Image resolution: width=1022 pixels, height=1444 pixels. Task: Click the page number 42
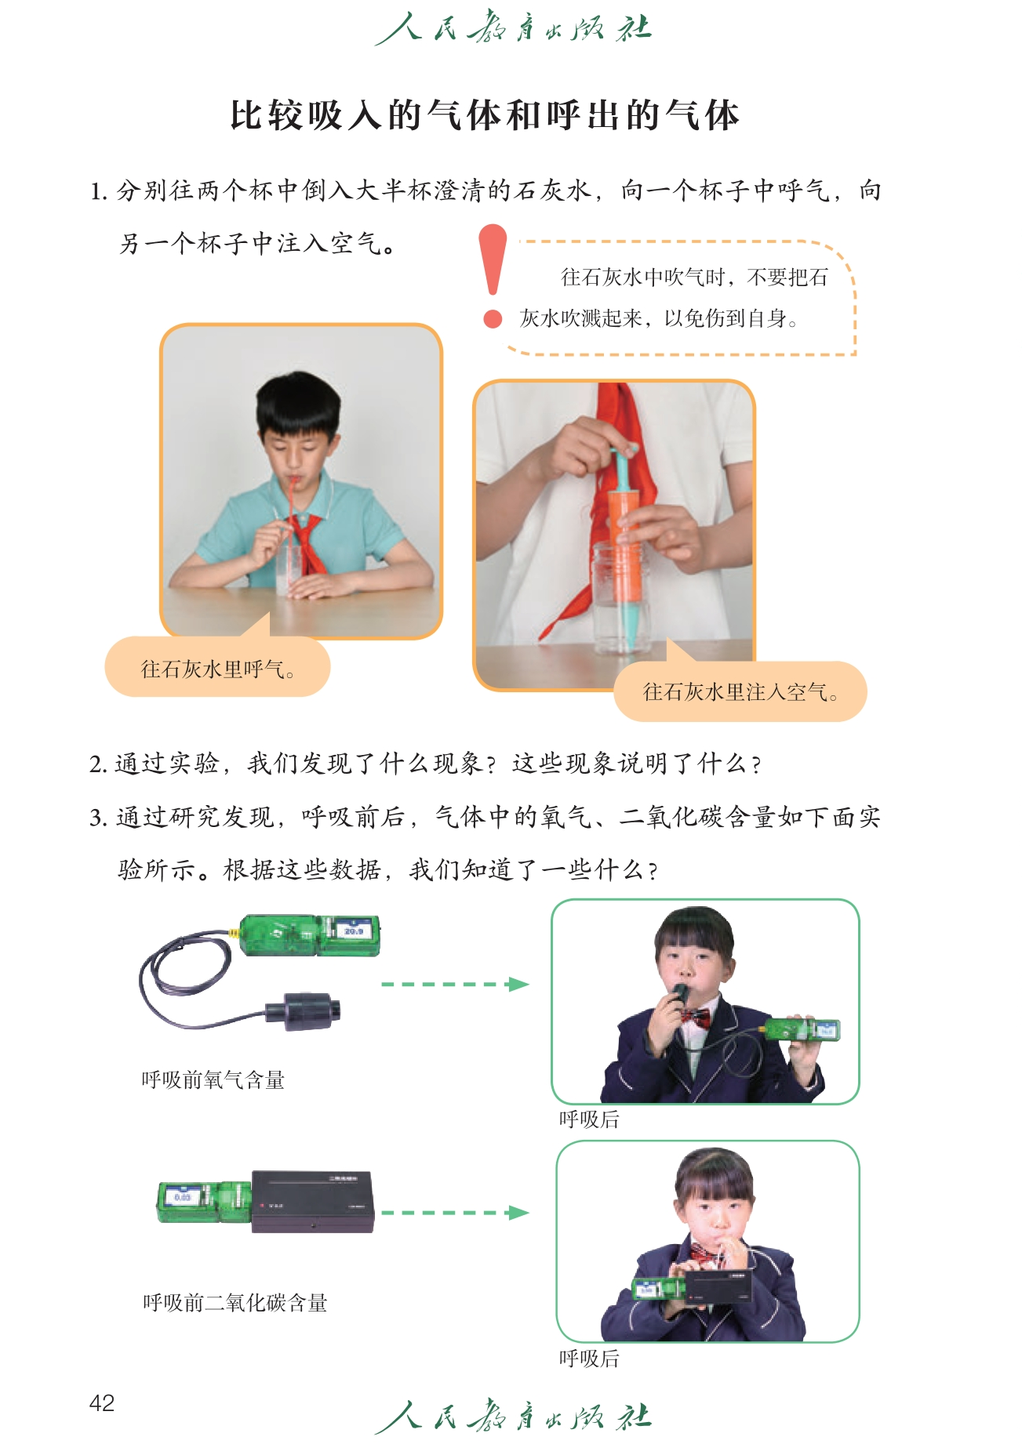pyautogui.click(x=102, y=1402)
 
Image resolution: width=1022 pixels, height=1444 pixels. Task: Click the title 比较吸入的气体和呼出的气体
pyautogui.click(x=485, y=115)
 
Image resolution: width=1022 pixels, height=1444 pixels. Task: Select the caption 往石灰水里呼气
pyautogui.click(x=218, y=669)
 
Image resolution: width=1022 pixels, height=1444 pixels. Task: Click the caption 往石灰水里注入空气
pyautogui.click(x=741, y=692)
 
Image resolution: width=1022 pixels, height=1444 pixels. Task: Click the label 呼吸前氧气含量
pyautogui.click(x=213, y=1080)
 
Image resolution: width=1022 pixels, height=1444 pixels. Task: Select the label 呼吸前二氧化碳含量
pyautogui.click(x=235, y=1303)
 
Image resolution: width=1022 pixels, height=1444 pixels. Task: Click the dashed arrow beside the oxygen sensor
pyautogui.click(x=455, y=984)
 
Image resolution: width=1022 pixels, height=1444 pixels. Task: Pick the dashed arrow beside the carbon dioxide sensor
pyautogui.click(x=455, y=1213)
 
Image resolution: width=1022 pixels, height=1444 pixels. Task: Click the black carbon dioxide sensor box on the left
pyautogui.click(x=312, y=1202)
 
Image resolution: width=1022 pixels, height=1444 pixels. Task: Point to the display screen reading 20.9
pyautogui.click(x=353, y=931)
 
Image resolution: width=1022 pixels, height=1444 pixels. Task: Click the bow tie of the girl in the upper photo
pyautogui.click(x=695, y=1018)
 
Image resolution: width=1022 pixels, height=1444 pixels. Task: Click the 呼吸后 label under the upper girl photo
pyautogui.click(x=589, y=1119)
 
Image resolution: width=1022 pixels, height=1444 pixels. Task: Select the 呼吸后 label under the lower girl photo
pyautogui.click(x=589, y=1359)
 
